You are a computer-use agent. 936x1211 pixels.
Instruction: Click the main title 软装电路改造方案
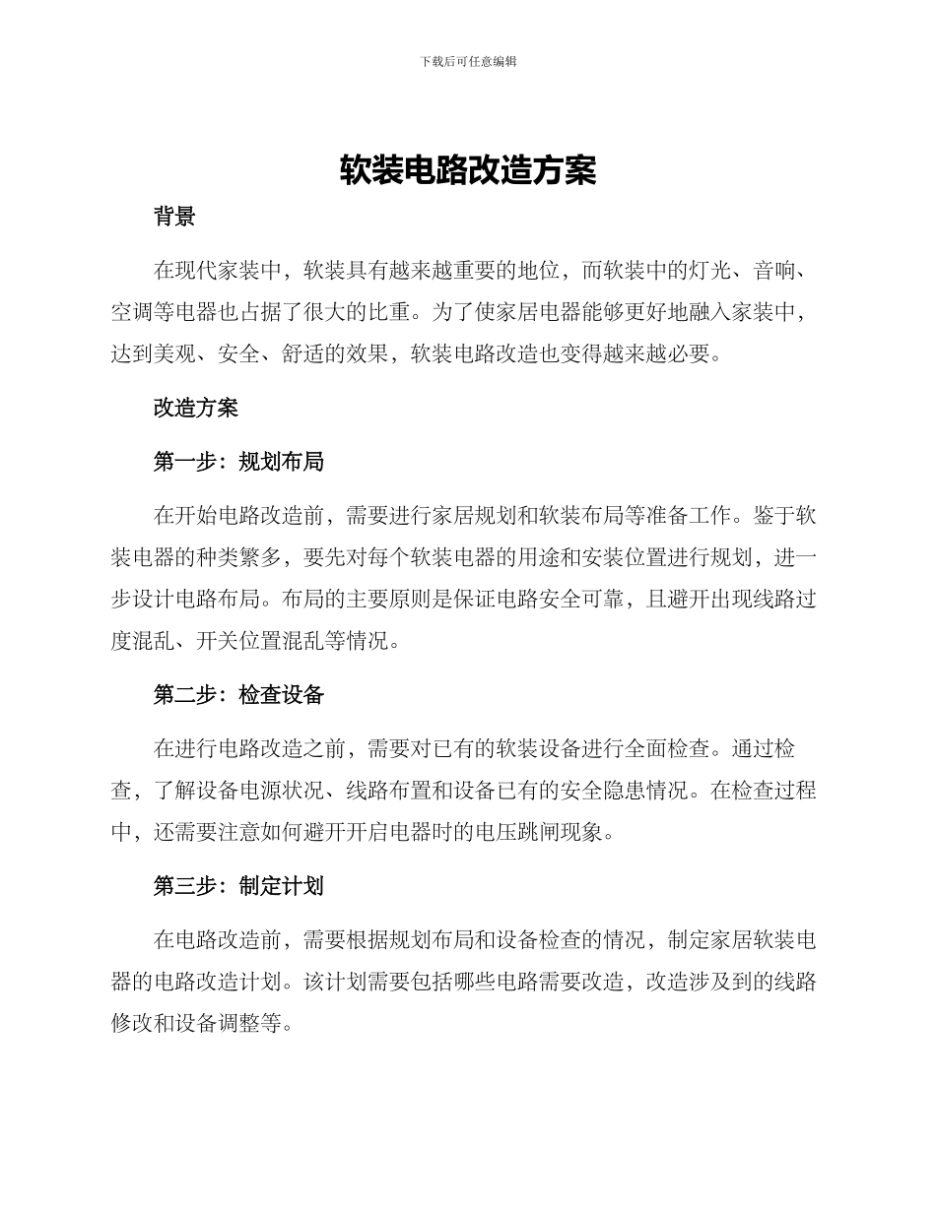(468, 170)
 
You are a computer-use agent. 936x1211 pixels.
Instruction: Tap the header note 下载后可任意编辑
(468, 61)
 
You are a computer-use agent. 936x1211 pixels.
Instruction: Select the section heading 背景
(174, 218)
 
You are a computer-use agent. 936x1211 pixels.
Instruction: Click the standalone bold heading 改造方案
(196, 408)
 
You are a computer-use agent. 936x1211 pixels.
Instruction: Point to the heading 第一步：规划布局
(238, 462)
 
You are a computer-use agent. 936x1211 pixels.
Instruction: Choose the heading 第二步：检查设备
(238, 695)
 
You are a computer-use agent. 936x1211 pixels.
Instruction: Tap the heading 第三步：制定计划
(238, 886)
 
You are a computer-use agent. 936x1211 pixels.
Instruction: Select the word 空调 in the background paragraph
(132, 313)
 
